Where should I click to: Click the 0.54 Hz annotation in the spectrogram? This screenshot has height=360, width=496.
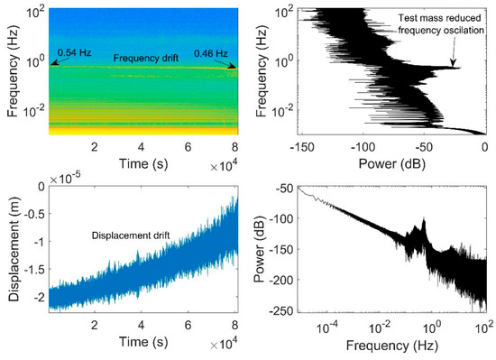(x=76, y=52)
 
